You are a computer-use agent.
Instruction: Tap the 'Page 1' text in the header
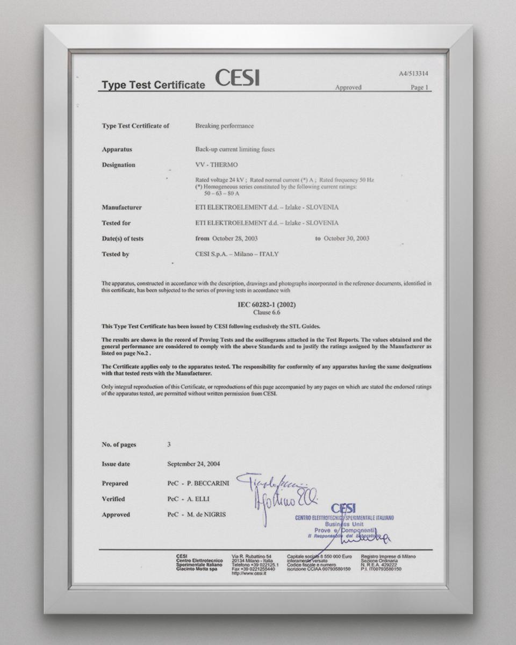pos(419,88)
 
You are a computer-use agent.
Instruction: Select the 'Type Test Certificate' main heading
pos(153,85)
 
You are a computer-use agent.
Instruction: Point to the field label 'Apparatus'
pos(117,149)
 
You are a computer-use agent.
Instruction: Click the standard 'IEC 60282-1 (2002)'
pos(267,305)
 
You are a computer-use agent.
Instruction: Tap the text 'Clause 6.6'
pos(267,312)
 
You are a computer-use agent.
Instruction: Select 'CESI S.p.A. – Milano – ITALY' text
pos(237,254)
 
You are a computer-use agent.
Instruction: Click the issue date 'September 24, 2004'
pos(193,464)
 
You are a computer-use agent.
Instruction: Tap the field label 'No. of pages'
pos(119,445)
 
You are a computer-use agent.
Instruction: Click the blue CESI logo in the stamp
pos(343,508)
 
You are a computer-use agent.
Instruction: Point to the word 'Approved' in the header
pos(348,88)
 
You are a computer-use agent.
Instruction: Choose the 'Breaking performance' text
pos(224,126)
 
